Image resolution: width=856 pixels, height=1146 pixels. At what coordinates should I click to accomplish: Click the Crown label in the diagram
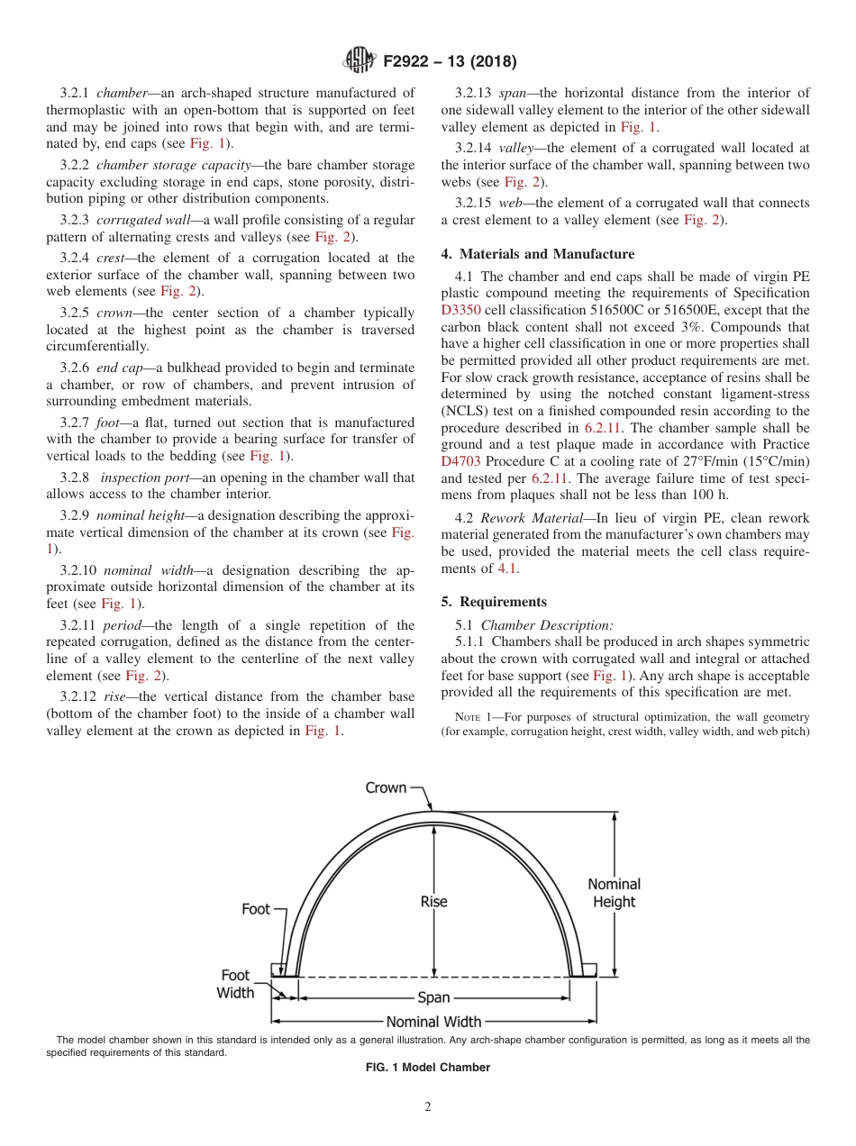pos(386,787)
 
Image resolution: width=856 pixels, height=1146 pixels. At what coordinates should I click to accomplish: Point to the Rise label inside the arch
pos(433,901)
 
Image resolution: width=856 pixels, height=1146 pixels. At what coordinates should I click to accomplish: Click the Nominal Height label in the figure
pos(614,893)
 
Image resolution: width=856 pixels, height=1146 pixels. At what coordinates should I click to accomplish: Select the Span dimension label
pos(433,998)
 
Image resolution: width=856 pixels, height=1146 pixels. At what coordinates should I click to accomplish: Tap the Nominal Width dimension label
pos(433,1022)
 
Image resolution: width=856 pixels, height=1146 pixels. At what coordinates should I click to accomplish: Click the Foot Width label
pos(235,984)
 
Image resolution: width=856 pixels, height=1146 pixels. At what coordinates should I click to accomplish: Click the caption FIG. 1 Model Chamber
pos(428,1068)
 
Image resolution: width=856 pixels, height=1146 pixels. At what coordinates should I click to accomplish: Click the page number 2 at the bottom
pos(428,1107)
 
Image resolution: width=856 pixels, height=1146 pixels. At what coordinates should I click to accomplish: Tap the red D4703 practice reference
pos(460,462)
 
